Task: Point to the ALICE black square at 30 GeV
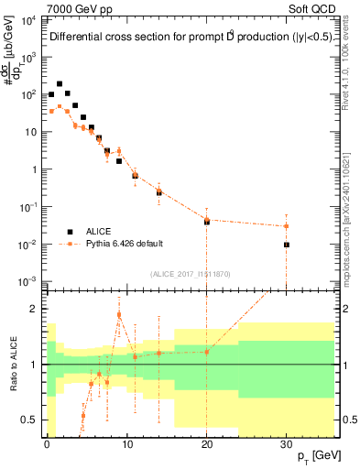coord(287,245)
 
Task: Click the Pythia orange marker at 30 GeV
coord(287,226)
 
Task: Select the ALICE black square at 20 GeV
coord(207,222)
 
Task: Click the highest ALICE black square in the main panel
coord(60,83)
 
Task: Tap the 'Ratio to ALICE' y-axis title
coord(14,364)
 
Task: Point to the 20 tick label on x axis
coord(207,442)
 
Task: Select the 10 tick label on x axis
coord(126,442)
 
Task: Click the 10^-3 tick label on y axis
coord(28,281)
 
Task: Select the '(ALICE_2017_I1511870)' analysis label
coord(190,273)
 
